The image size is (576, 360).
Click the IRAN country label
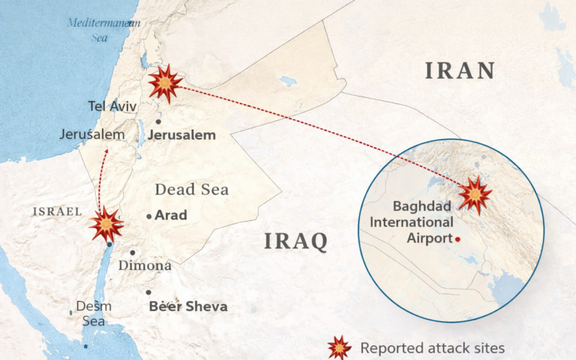460,71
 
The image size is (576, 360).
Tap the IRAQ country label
295,240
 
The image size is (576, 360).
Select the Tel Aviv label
112,107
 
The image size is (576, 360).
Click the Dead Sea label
192,190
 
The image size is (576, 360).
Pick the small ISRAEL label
56,211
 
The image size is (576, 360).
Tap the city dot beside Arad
149,216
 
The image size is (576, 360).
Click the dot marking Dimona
133,253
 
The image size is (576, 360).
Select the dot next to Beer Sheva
148,292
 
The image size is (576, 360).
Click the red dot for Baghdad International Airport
458,239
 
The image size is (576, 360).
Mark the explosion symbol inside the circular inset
475,194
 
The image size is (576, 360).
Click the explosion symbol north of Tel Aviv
165,84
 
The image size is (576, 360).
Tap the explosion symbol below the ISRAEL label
107,225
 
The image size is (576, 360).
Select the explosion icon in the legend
339,348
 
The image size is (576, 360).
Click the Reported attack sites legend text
432,348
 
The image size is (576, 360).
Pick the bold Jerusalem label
182,135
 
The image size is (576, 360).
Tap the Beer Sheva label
188,307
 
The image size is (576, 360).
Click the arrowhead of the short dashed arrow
107,150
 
